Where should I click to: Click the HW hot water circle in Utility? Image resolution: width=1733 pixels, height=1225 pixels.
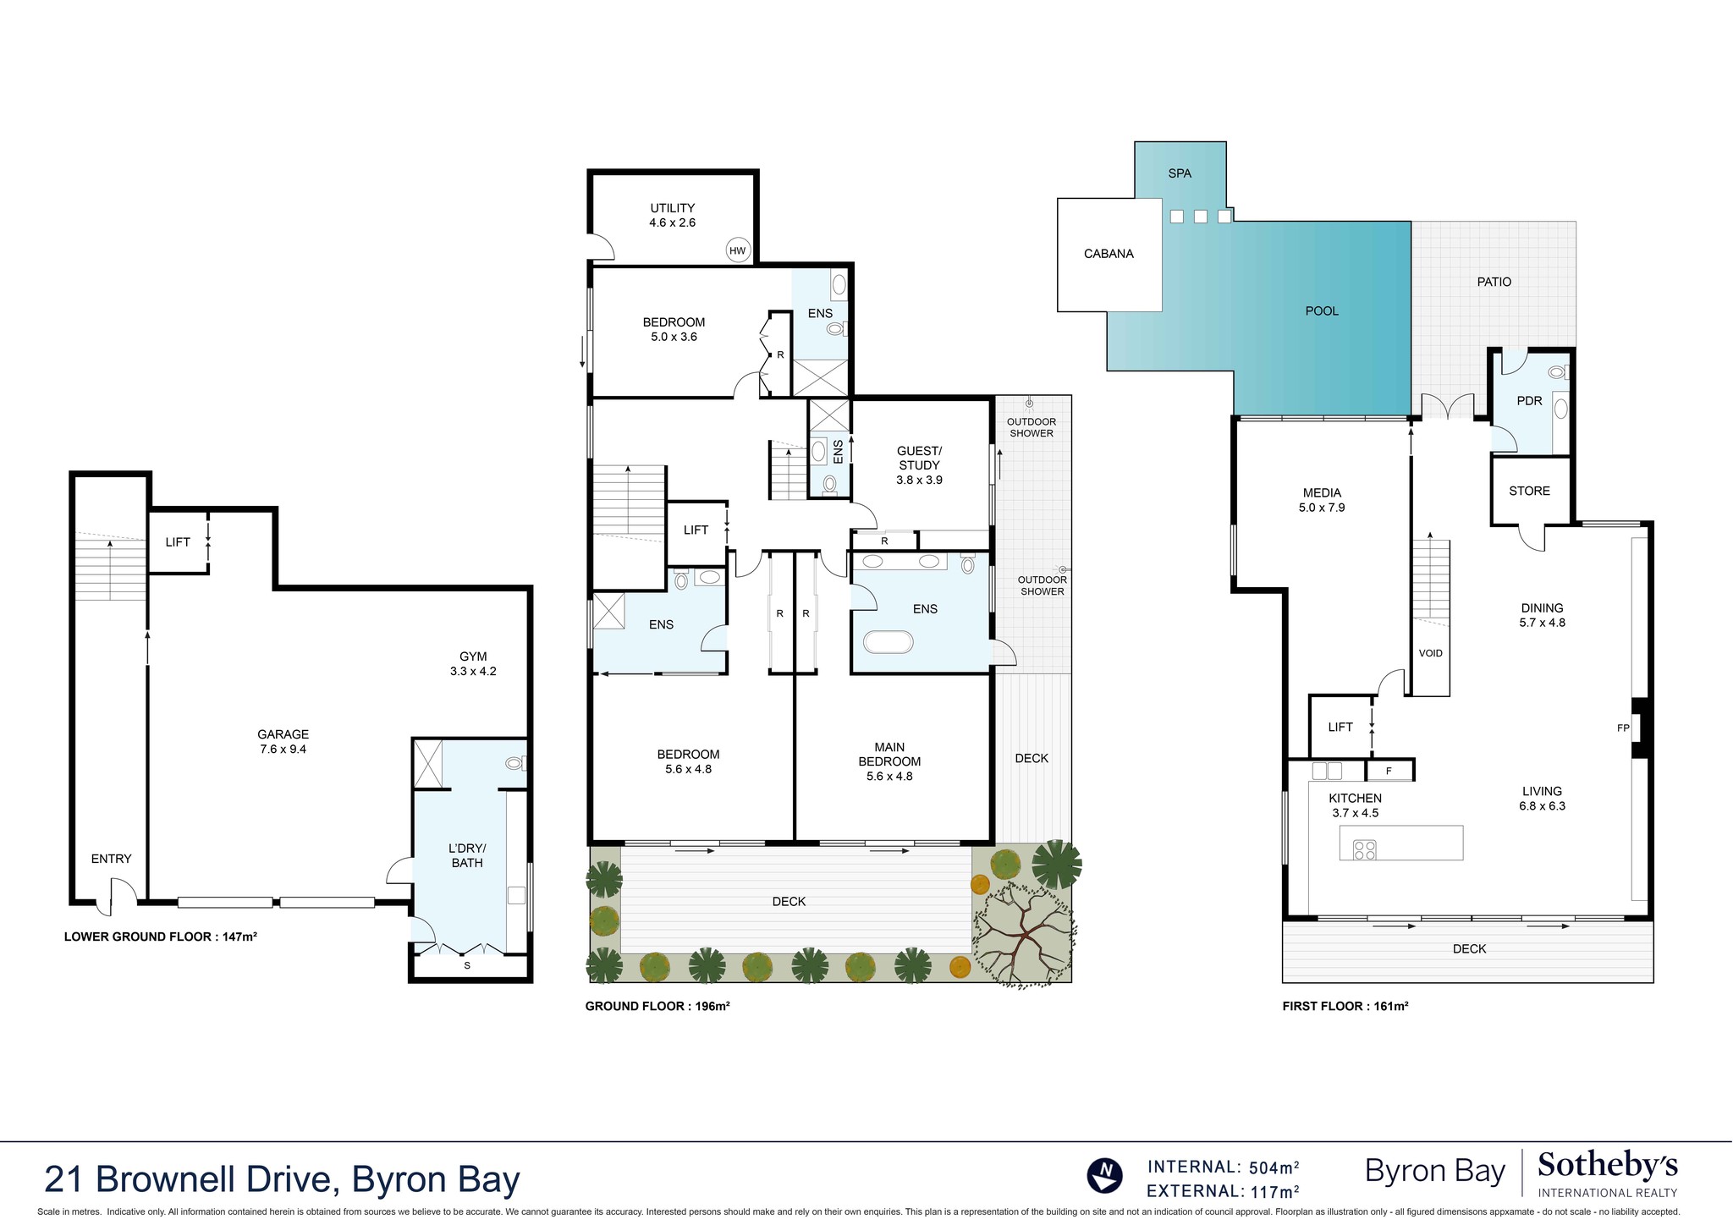coord(738,250)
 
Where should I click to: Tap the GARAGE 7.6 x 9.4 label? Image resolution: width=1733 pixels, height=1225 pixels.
coord(283,742)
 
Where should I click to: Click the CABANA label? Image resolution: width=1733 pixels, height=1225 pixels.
coord(1109,254)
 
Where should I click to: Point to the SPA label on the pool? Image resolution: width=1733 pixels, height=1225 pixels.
coord(1180,173)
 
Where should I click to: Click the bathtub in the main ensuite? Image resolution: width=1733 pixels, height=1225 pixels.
coord(888,642)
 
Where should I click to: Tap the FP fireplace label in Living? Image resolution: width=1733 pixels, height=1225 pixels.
coord(1623,728)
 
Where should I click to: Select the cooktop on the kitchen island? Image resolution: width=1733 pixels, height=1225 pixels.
coord(1364,849)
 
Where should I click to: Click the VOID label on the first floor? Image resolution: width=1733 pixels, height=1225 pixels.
coord(1430,653)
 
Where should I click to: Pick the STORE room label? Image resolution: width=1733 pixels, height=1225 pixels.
coord(1529,491)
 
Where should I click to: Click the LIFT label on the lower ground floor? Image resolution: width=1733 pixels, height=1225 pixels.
coord(178,542)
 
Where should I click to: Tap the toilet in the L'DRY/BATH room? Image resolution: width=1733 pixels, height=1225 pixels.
coord(514,763)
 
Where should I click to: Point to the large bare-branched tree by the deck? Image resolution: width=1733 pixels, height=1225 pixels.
coord(1024,935)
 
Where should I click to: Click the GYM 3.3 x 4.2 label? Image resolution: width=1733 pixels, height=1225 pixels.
coord(473,664)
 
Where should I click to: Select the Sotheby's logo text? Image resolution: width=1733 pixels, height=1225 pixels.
coord(1607,1167)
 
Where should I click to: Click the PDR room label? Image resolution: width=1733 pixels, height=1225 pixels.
coord(1529,401)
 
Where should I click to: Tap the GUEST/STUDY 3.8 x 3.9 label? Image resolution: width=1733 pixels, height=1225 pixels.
coord(919,465)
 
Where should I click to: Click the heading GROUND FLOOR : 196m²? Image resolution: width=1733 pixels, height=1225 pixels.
coord(657,1007)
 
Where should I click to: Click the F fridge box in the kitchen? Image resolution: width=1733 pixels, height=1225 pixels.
coord(1389,771)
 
